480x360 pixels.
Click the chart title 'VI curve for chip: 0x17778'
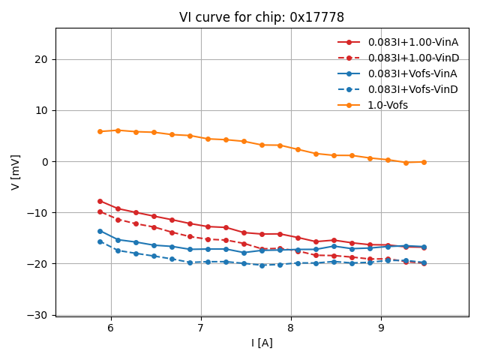coord(262,17)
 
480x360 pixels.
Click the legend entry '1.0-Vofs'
coord(388,105)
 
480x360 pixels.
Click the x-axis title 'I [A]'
coord(262,343)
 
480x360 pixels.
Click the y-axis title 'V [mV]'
coord(16,172)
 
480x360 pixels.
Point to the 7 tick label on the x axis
coord(201,328)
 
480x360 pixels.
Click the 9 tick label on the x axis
coord(381,328)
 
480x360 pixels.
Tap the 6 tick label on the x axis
coord(111,328)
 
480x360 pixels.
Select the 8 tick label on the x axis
coord(291,328)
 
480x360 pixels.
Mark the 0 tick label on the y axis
coord(46,162)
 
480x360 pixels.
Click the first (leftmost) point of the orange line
coord(100,131)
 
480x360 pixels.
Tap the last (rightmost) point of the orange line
coord(424,162)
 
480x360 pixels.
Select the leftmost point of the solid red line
coord(100,201)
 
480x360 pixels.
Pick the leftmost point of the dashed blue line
coord(100,241)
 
